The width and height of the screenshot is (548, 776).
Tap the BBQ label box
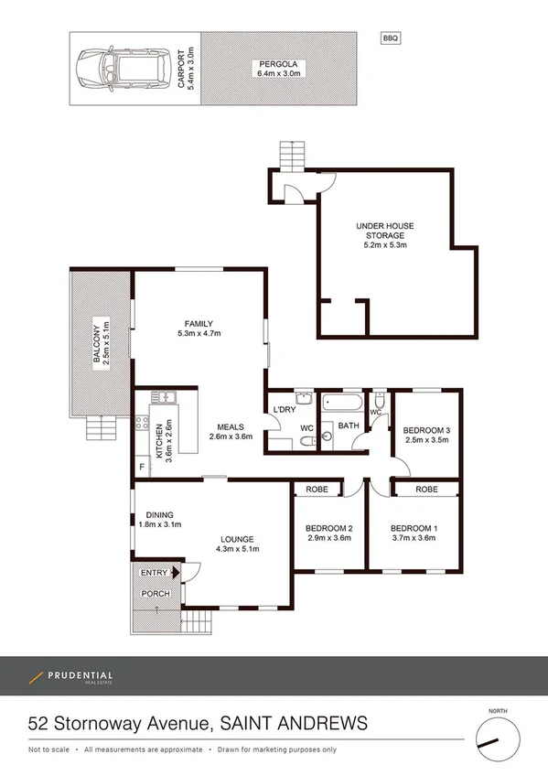[390, 38]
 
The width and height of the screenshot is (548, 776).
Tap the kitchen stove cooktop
[142, 423]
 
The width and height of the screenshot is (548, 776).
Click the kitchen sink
[162, 397]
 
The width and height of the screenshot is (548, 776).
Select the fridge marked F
[142, 468]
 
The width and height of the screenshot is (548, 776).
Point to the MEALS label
[230, 426]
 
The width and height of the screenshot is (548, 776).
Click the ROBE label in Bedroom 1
[425, 490]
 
